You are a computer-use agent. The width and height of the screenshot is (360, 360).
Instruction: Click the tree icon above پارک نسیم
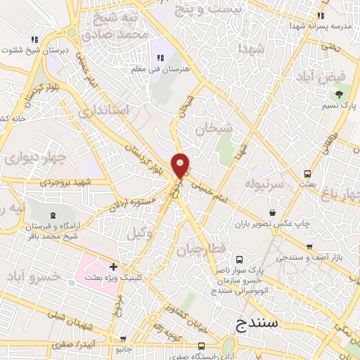point(340,93)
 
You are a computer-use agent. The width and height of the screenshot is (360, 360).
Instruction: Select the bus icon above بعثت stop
point(307,174)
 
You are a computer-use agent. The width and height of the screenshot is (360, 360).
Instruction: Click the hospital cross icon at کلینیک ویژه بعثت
point(113,267)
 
